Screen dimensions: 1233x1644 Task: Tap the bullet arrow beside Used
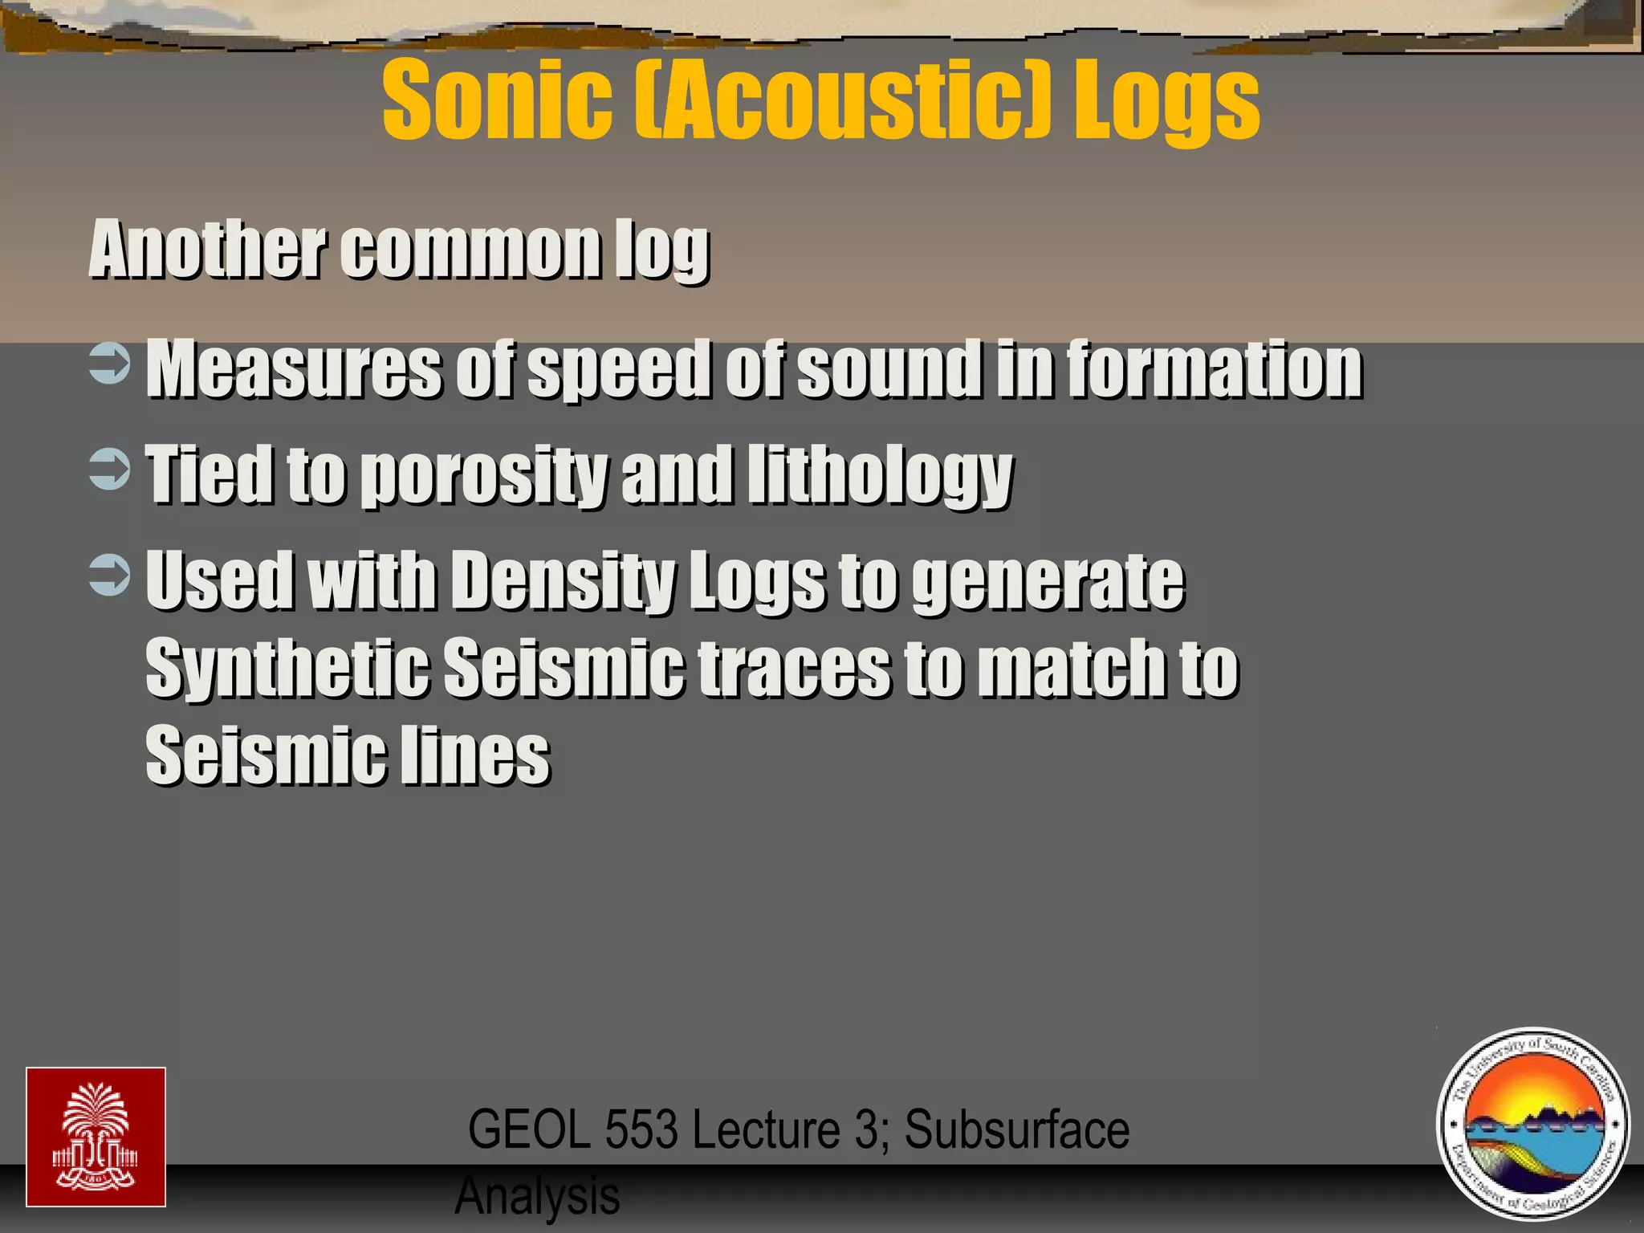point(109,576)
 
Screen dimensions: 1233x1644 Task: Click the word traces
point(794,668)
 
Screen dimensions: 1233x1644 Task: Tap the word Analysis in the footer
point(538,1196)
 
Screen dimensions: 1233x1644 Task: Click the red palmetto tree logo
point(96,1137)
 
